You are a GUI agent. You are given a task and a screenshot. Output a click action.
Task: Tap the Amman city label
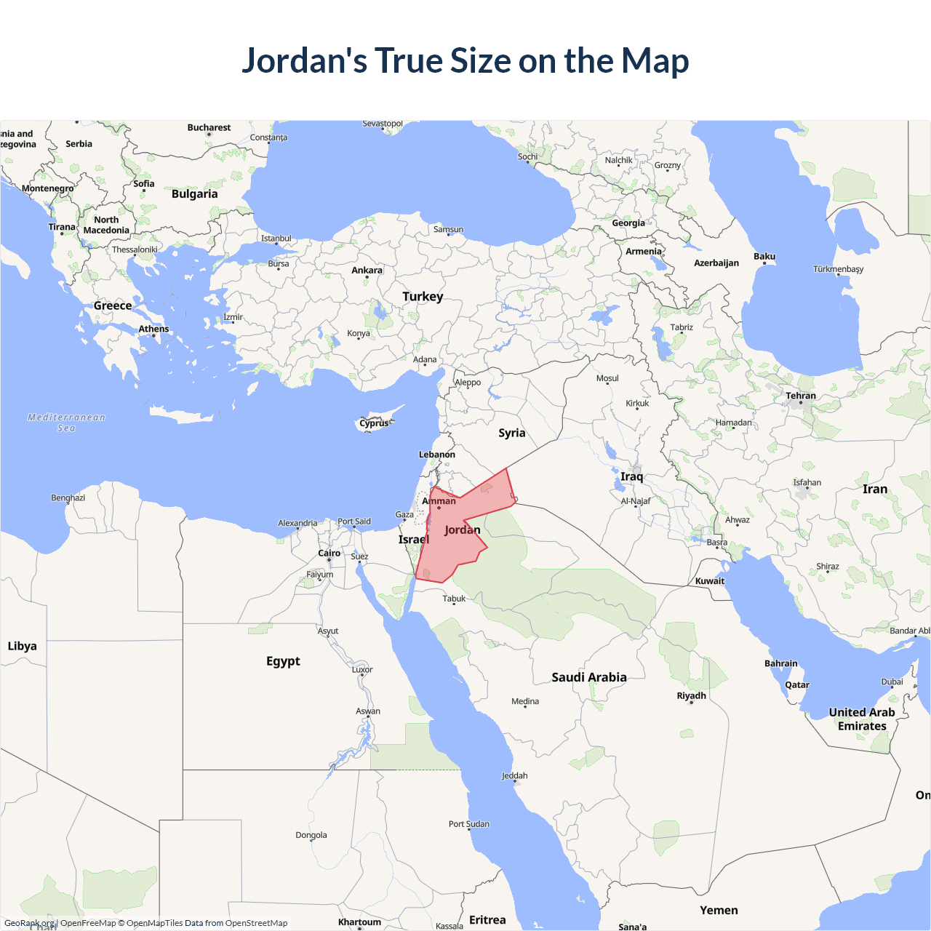point(439,501)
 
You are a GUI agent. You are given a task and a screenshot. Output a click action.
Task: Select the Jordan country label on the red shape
point(463,530)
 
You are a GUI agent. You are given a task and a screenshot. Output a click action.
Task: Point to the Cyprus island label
point(374,423)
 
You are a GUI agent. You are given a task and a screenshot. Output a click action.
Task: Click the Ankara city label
point(367,271)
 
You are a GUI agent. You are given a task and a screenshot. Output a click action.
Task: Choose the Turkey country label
point(423,297)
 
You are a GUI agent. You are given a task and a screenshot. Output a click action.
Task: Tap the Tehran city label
point(801,396)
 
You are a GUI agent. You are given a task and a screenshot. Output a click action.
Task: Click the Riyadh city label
point(691,696)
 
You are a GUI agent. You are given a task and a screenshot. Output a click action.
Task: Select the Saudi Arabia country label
point(589,677)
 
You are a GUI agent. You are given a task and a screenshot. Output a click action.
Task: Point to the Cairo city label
point(329,554)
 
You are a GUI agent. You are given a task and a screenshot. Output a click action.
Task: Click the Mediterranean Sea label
point(66,423)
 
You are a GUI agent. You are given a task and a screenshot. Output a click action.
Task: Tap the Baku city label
point(764,257)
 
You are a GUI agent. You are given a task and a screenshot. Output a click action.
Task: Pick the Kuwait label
point(710,581)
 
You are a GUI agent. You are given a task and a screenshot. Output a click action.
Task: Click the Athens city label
point(153,329)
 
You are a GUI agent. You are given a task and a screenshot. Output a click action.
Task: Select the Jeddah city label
point(515,776)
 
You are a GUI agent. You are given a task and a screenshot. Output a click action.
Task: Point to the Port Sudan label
point(469,824)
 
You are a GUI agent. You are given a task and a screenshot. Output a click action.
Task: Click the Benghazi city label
point(68,498)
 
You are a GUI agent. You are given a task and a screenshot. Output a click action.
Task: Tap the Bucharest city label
point(209,128)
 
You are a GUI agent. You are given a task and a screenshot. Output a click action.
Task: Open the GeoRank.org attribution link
point(29,923)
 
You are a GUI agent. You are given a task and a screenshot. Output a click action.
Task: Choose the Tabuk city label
point(454,599)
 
